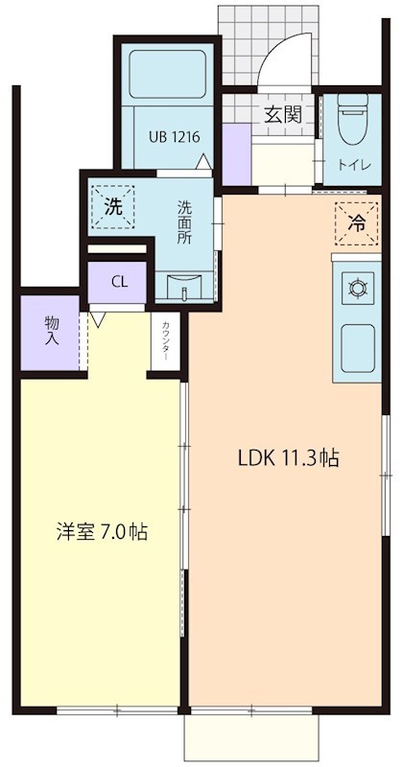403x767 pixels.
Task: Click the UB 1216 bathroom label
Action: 174,137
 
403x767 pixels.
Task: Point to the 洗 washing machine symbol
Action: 112,204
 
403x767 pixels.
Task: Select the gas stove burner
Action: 359,287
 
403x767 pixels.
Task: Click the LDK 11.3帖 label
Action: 287,458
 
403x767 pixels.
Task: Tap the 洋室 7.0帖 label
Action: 101,531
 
